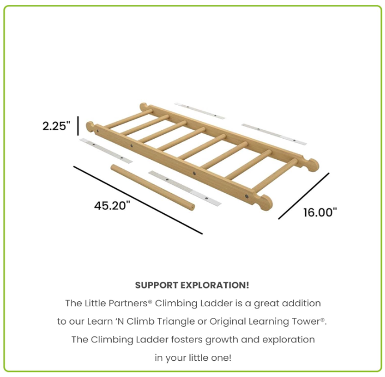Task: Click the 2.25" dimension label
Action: [x=57, y=126]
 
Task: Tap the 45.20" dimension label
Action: [x=112, y=205]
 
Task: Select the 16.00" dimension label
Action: [x=319, y=212]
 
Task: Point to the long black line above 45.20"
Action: [x=138, y=199]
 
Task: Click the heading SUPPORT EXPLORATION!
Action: [x=192, y=285]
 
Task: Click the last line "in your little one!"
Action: [x=192, y=357]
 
